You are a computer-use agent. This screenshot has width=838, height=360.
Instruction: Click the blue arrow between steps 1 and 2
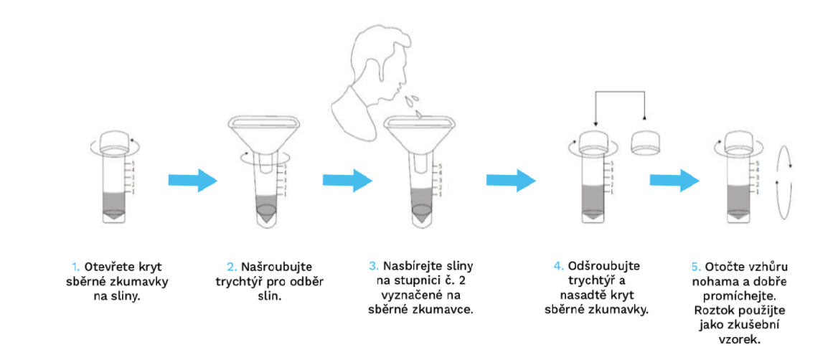[193, 180]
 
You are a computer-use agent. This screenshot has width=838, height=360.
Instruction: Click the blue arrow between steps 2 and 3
[347, 180]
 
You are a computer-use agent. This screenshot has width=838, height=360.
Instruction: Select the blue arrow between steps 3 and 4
[511, 180]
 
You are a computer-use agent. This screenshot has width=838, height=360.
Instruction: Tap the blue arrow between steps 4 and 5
[674, 180]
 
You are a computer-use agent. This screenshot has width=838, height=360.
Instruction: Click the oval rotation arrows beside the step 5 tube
[783, 181]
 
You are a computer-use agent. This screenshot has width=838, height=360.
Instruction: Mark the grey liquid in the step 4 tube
[594, 202]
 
